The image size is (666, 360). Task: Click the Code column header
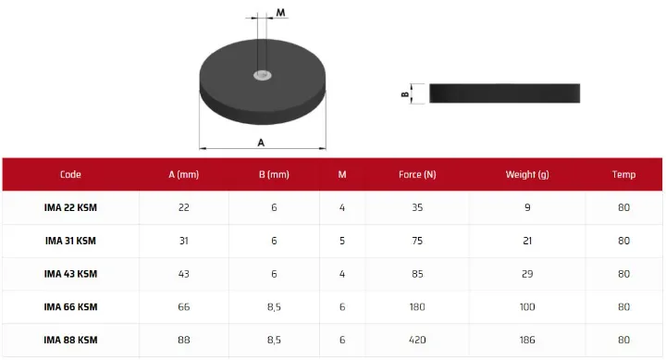[70, 174]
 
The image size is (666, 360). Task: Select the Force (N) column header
[417, 174]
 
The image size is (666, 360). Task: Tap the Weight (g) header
[527, 175]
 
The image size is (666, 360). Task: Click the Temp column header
[623, 174]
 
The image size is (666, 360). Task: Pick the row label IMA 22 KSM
[70, 207]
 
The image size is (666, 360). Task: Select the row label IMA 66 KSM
[70, 307]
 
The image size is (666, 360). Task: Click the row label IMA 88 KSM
[70, 340]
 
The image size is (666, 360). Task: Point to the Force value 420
[417, 340]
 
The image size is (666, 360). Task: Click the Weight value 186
[527, 340]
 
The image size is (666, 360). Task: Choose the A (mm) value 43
[183, 274]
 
